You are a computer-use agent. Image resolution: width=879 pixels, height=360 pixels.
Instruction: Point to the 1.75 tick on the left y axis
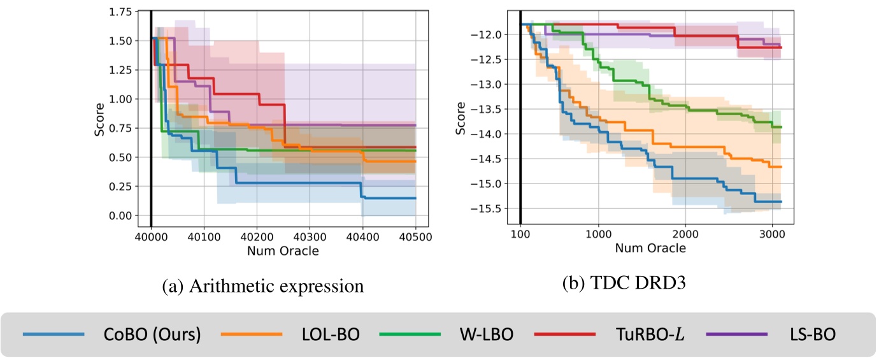coord(119,12)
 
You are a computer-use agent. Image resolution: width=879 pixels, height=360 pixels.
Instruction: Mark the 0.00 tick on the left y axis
coord(119,215)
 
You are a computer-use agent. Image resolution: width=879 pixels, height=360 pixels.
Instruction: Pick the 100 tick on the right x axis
coord(520,234)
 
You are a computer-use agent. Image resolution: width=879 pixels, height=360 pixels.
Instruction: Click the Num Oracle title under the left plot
coord(283,250)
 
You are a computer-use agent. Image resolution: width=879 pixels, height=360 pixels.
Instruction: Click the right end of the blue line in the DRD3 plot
coord(781,201)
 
